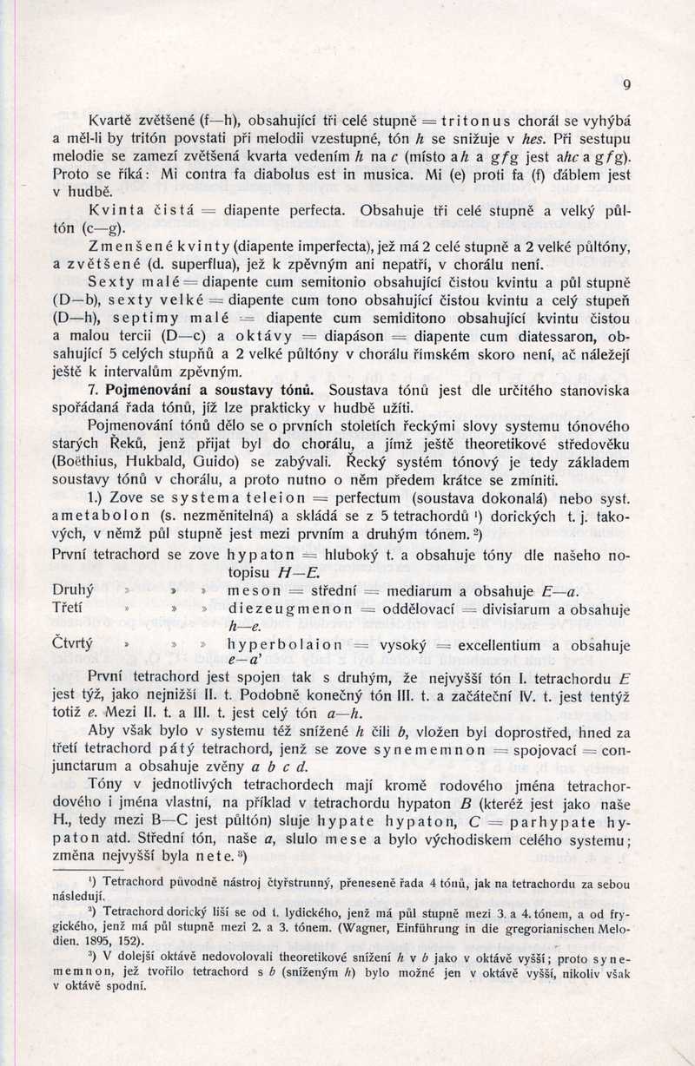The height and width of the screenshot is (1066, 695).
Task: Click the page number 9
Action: [x=626, y=84]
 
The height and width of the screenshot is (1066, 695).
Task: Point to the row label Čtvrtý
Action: [x=73, y=644]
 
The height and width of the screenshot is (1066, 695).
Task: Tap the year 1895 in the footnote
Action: [x=98, y=941]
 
